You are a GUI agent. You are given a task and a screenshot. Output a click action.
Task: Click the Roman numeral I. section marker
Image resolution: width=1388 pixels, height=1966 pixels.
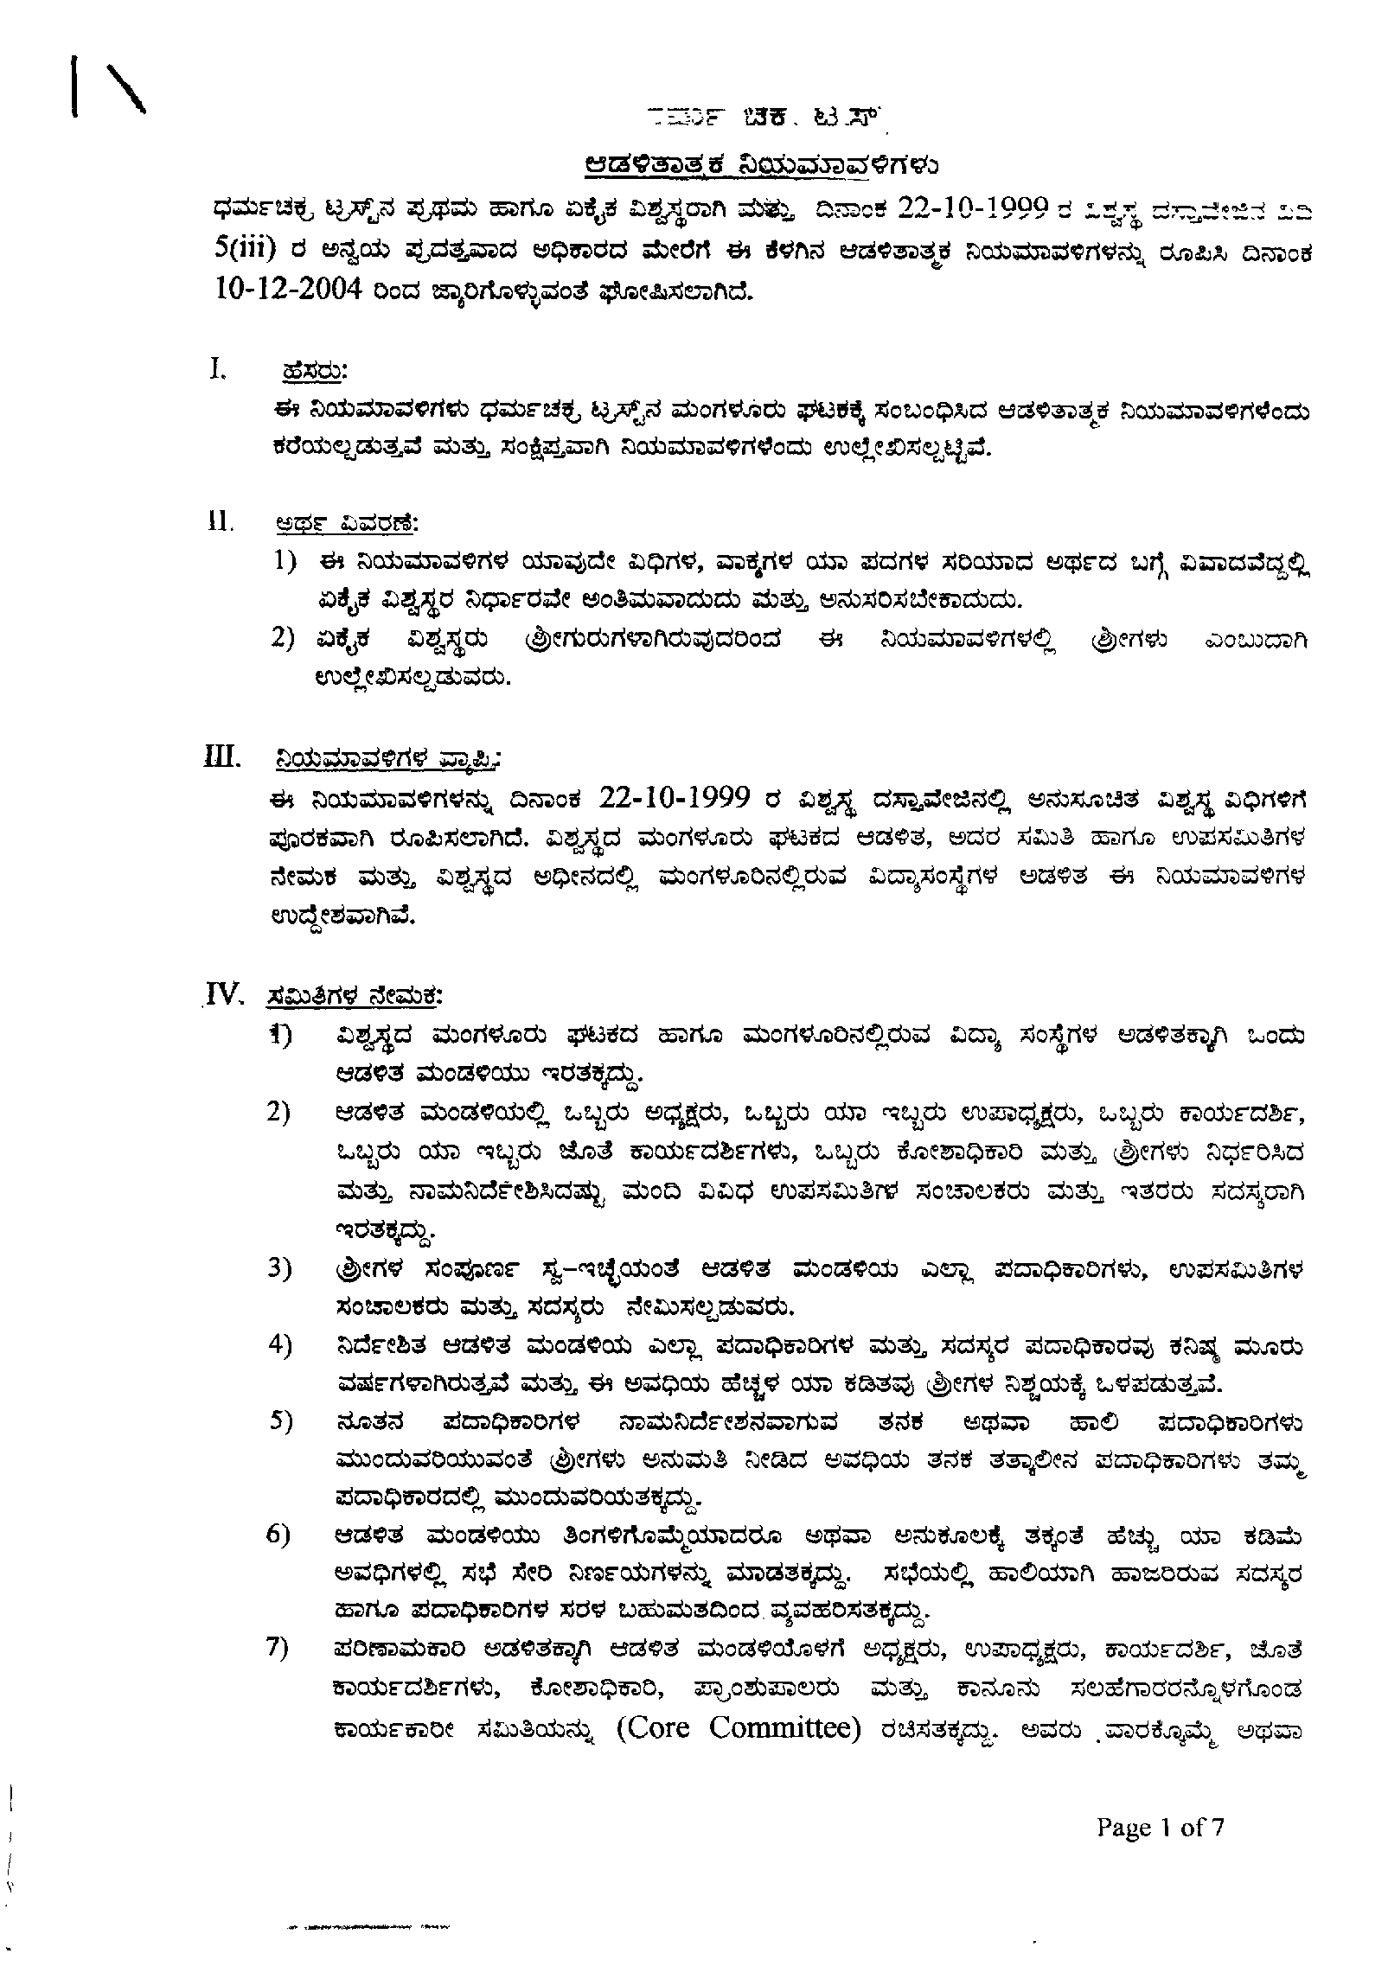tap(217, 369)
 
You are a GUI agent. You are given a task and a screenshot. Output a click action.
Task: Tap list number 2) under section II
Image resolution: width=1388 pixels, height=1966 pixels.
tap(285, 640)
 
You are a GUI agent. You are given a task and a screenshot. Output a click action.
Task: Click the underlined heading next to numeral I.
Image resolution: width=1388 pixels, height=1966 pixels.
tap(314, 372)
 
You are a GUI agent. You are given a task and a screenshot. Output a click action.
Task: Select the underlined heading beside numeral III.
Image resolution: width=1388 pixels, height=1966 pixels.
tap(386, 760)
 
